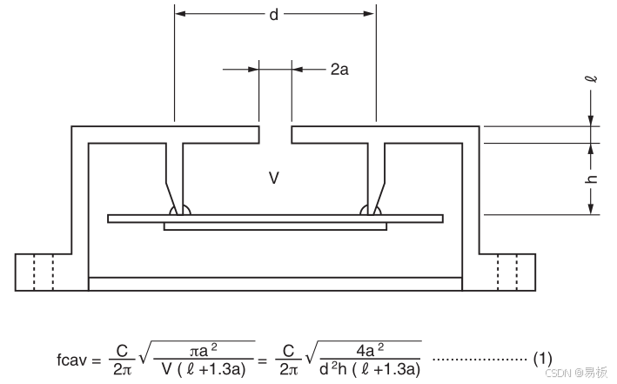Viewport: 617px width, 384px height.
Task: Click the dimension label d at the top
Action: (x=274, y=15)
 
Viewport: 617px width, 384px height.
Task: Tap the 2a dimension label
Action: (x=339, y=70)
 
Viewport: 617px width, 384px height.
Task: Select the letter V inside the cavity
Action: (x=274, y=178)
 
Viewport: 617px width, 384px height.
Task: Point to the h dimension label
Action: (x=591, y=179)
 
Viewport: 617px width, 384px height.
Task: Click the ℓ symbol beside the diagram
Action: (x=591, y=79)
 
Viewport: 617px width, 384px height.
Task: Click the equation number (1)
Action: (x=543, y=359)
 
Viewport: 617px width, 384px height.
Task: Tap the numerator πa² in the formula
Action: (x=204, y=350)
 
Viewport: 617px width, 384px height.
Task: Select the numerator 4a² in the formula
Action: (x=370, y=350)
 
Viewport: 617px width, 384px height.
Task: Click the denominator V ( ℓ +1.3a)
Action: (x=204, y=369)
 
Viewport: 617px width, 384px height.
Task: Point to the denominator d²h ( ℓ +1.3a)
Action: (x=370, y=369)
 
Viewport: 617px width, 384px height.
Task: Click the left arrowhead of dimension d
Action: (x=180, y=14)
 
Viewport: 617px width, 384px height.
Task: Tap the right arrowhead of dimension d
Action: (x=370, y=14)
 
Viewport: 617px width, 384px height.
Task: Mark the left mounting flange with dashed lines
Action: (x=44, y=273)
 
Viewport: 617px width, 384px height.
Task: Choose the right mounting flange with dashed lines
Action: (x=507, y=273)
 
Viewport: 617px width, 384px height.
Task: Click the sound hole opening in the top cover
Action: (x=276, y=135)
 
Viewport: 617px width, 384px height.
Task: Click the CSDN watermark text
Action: (x=576, y=372)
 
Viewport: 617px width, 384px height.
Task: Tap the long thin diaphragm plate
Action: (x=276, y=219)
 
